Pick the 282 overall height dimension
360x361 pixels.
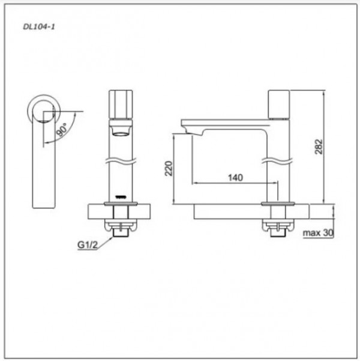(319, 148)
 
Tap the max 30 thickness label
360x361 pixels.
(317, 233)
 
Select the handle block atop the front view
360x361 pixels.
(121, 104)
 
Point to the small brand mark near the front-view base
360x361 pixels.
(121, 197)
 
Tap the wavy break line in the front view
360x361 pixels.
(121, 161)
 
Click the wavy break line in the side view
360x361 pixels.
(278, 161)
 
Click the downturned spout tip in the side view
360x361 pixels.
(185, 127)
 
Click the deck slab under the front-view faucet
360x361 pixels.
(121, 212)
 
